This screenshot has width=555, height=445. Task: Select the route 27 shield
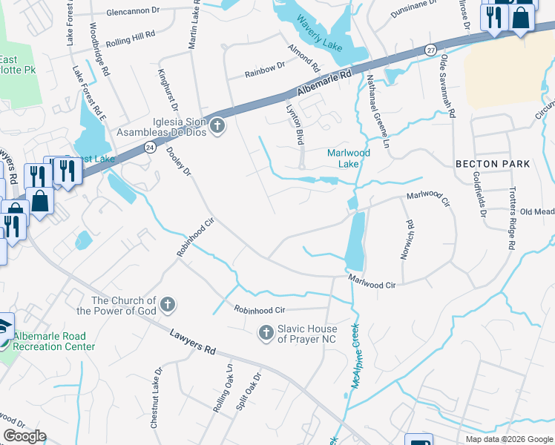pyautogui.click(x=431, y=49)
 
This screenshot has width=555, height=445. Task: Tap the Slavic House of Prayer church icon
pyautogui.click(x=266, y=334)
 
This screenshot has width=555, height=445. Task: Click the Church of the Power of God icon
pyautogui.click(x=168, y=304)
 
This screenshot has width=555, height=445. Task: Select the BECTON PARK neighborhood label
pyautogui.click(x=493, y=163)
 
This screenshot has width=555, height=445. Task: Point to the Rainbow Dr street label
pyautogui.click(x=266, y=70)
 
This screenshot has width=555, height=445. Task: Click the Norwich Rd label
pyautogui.click(x=407, y=239)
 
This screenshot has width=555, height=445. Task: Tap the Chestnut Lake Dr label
pyautogui.click(x=155, y=407)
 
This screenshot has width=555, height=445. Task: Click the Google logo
pyautogui.click(x=24, y=436)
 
